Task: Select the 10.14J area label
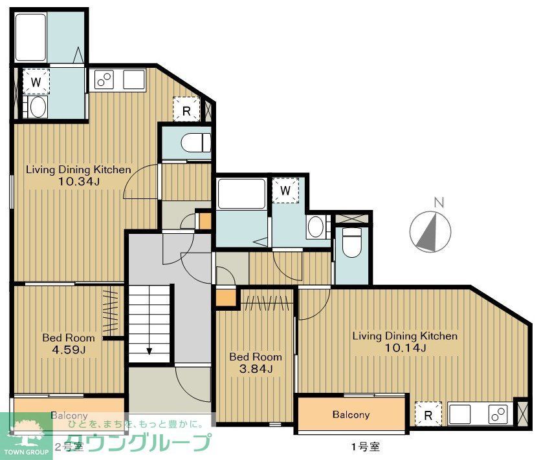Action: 406,348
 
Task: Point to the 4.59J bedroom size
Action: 68,350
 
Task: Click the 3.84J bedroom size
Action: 256,369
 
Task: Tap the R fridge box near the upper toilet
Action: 186,110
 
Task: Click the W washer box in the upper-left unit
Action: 36,82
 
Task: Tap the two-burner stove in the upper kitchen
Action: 104,79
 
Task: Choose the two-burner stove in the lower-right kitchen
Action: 496,413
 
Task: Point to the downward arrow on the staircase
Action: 149,351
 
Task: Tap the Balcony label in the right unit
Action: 351,415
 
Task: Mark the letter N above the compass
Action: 439,202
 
